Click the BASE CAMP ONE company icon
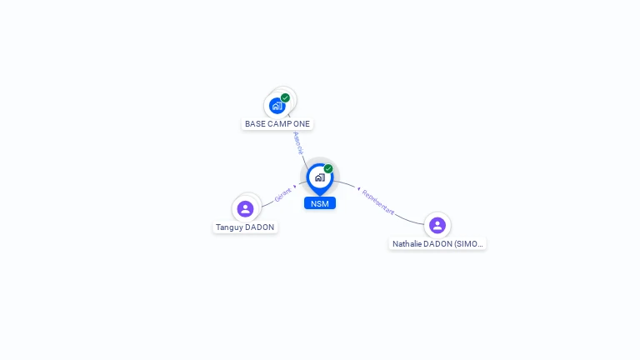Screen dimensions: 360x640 point(277,106)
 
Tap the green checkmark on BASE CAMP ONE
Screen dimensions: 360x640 point(286,97)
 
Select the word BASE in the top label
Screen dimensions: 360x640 point(255,124)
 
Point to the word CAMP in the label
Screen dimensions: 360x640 point(280,124)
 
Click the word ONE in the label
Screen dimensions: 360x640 point(302,124)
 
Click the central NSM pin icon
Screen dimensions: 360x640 point(319,177)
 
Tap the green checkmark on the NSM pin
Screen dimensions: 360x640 point(328,168)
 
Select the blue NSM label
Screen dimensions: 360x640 point(319,203)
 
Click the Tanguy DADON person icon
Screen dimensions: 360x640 point(245,208)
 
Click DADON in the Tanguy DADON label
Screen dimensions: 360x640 point(259,227)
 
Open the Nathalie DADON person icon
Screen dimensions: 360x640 point(437,225)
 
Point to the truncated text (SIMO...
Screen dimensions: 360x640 point(469,244)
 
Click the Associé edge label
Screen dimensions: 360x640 point(297,142)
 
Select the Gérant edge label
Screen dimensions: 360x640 point(282,195)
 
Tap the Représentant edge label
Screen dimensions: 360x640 point(377,202)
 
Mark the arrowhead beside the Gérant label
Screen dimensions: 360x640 point(295,186)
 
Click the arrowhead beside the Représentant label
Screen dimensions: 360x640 point(357,187)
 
